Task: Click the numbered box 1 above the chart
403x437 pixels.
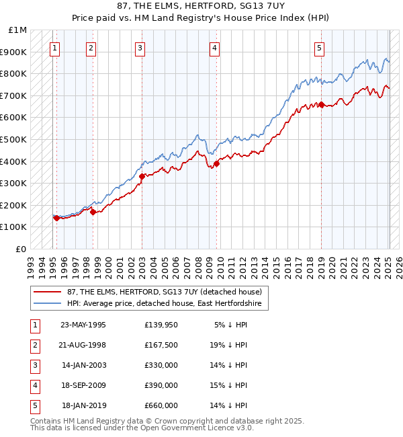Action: [54, 48]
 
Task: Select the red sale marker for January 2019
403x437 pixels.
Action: [322, 104]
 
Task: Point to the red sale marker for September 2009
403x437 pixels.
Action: [217, 163]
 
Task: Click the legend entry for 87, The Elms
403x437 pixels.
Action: [167, 292]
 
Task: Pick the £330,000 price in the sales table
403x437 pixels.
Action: [161, 365]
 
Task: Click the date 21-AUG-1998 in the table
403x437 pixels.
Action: [83, 345]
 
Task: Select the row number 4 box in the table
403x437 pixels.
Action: [34, 385]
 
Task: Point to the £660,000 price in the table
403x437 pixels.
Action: [161, 405]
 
